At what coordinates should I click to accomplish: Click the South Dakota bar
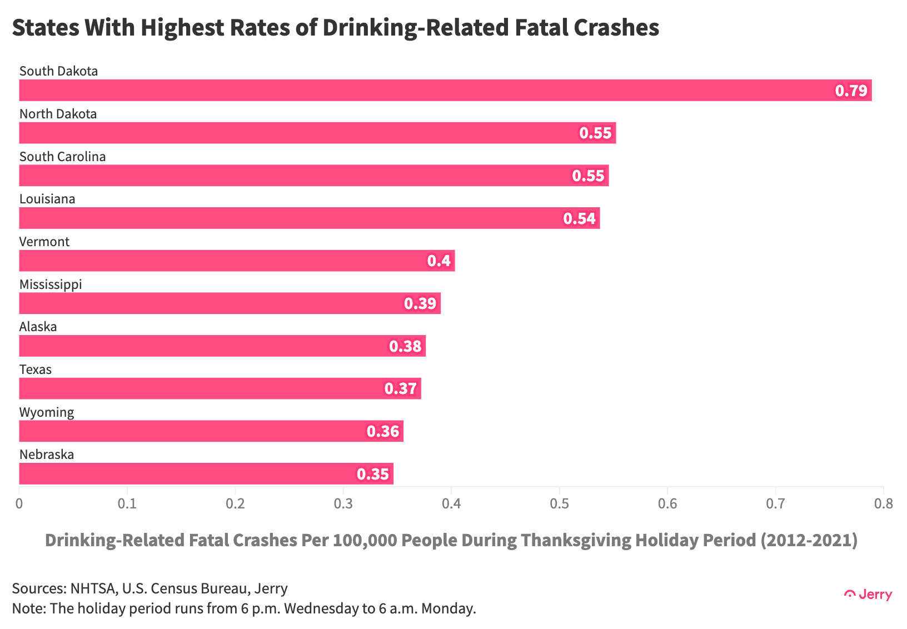(445, 90)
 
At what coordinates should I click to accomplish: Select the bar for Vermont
(237, 261)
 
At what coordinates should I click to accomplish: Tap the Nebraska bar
(206, 473)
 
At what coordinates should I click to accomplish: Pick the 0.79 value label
(851, 91)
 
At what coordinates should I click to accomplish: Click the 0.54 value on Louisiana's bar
(579, 218)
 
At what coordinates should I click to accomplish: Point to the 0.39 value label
(420, 303)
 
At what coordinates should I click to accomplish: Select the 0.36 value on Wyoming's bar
(383, 431)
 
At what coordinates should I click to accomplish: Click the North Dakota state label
(58, 114)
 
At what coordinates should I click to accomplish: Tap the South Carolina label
(62, 157)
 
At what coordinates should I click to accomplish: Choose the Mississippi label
(51, 284)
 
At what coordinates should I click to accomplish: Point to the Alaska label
(38, 327)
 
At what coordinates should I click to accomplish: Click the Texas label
(35, 370)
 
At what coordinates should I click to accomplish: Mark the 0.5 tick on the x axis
(559, 504)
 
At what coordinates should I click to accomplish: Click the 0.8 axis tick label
(883, 504)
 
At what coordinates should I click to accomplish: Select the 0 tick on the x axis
(19, 504)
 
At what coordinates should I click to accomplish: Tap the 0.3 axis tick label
(343, 504)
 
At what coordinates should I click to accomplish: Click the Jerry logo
(868, 595)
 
